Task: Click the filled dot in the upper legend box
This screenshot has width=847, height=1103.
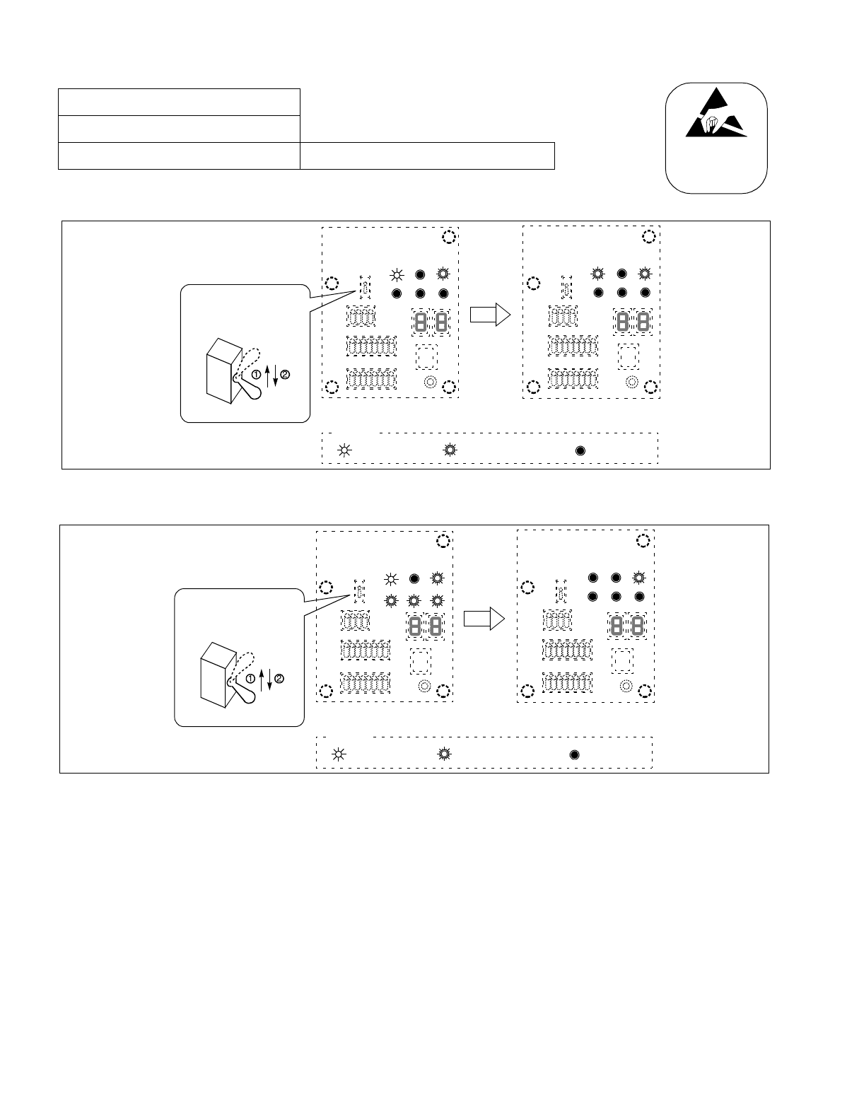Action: [580, 450]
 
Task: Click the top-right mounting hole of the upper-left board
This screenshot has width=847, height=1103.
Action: [448, 238]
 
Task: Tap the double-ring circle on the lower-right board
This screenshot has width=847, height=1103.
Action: [626, 687]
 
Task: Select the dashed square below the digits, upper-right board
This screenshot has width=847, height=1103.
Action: [628, 356]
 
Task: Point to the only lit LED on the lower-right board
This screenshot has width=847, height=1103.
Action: [639, 578]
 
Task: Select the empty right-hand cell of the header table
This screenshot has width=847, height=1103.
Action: [426, 156]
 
